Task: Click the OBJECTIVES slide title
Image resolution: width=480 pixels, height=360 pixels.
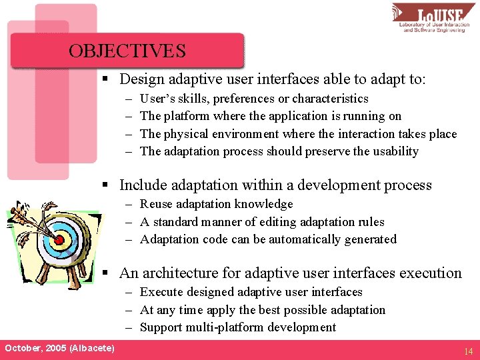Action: coord(127,51)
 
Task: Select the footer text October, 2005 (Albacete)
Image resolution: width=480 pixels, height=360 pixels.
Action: coord(59,349)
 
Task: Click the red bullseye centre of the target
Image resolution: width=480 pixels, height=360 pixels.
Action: coord(58,238)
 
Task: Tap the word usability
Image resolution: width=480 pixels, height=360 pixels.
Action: coord(395,151)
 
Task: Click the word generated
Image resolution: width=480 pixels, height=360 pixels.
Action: coord(369,239)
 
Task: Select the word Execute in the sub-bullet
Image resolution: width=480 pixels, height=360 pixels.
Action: coord(161,292)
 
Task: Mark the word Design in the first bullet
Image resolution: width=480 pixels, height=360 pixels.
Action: coord(141,79)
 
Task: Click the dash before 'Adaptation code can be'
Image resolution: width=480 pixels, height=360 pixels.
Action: coord(128,239)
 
